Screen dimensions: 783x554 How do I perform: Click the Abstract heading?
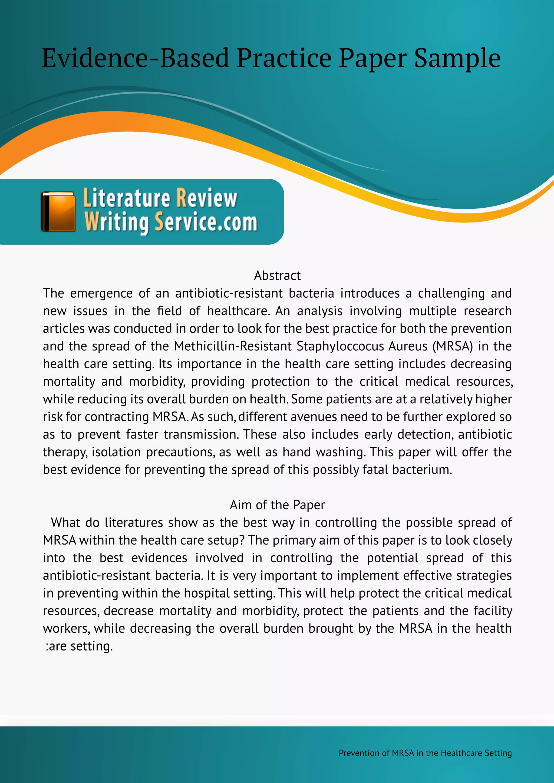277,276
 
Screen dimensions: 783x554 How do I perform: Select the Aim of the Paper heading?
277,505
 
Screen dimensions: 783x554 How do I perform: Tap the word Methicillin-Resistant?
233,346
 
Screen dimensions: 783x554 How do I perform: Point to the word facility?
493,611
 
